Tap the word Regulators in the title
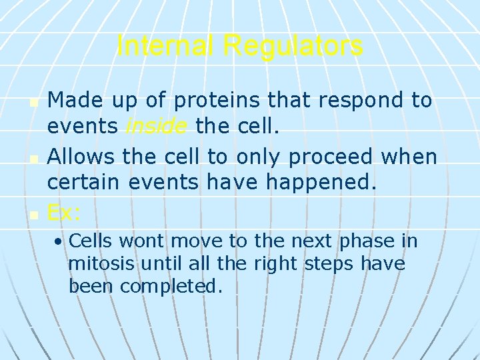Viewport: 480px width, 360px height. [x=293, y=46]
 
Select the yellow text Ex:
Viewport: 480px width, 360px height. [x=64, y=213]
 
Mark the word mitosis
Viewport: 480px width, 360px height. [x=102, y=264]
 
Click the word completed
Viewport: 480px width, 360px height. [x=171, y=287]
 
